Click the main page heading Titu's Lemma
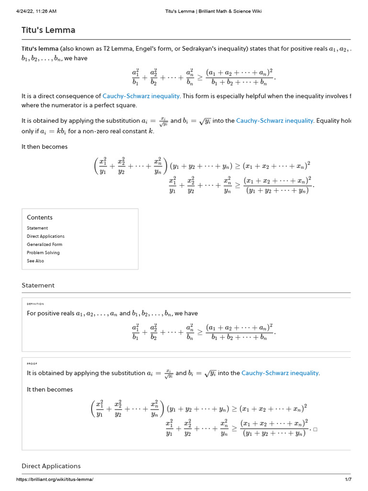[x=48, y=30]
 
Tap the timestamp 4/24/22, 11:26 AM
[x=36, y=12]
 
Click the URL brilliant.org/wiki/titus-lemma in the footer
[x=55, y=479]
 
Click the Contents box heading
[x=40, y=217]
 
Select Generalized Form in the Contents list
[x=45, y=245]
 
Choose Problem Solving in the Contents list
[x=43, y=253]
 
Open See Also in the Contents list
[x=35, y=261]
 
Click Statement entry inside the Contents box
[x=37, y=228]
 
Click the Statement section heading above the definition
[x=38, y=285]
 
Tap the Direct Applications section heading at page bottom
[x=51, y=466]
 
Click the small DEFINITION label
[x=35, y=304]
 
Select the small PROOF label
[x=32, y=363]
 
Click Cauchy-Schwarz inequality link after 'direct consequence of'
[x=141, y=96]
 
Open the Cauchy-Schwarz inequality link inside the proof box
[x=280, y=373]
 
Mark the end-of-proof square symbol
[x=315, y=429]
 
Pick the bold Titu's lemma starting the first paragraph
[x=40, y=49]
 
